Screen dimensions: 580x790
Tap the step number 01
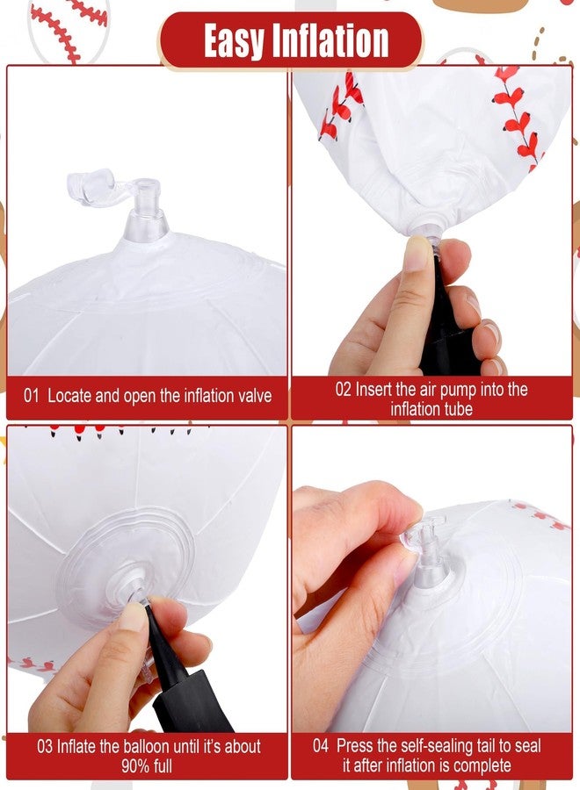(x=31, y=396)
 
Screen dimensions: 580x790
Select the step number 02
(x=343, y=390)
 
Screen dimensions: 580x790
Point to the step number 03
(x=45, y=746)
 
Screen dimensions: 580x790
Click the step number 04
(x=321, y=745)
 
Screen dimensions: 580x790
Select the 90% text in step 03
(x=135, y=765)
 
